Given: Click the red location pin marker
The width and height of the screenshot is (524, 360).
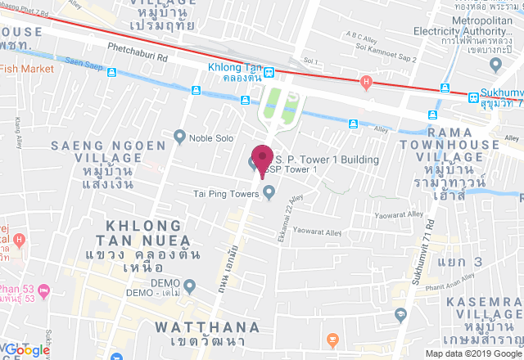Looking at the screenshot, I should [262, 158].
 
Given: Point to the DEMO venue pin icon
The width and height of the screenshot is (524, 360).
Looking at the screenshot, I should [190, 286].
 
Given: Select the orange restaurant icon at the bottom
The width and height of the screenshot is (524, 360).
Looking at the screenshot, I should [332, 339].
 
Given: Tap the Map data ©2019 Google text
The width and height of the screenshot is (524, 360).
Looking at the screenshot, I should [472, 353].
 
